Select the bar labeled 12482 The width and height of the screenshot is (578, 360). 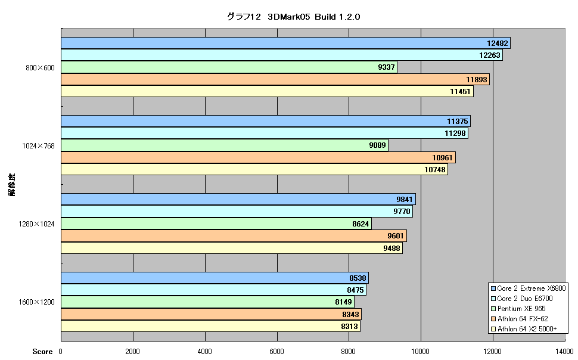click(285, 43)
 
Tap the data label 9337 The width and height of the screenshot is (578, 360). click(386, 67)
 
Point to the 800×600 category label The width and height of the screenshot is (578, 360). click(40, 68)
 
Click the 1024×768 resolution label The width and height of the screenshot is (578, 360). click(38, 146)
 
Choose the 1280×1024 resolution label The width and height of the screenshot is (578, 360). click(36, 224)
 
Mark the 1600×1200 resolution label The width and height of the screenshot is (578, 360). click(36, 302)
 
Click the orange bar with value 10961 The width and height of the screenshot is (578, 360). click(259, 157)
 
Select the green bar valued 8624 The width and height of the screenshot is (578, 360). click(216, 224)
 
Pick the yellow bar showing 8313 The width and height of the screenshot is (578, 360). click(210, 326)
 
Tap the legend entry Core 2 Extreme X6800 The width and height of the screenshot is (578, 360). click(528, 288)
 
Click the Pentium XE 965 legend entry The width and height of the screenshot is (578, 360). click(518, 309)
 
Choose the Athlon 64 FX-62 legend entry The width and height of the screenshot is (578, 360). click(520, 319)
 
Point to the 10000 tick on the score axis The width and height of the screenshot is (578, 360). click(420, 351)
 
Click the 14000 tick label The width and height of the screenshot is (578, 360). click(565, 351)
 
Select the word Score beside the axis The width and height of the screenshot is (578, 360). click(42, 352)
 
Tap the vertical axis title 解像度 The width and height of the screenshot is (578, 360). click(12, 184)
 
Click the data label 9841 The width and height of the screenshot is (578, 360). click(405, 200)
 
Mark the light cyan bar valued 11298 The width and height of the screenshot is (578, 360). click(265, 133)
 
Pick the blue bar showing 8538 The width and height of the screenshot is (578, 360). click(215, 278)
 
